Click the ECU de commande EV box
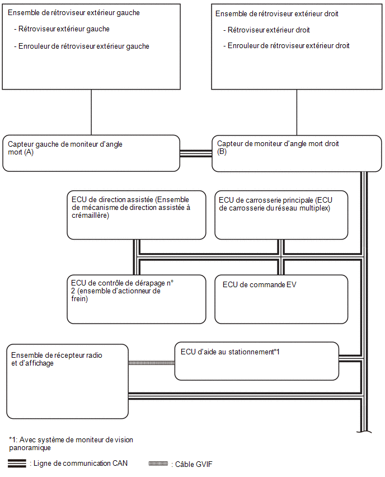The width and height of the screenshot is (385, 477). [x=281, y=300]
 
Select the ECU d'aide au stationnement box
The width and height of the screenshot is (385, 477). [x=257, y=361]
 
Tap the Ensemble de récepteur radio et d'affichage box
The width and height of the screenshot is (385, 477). [x=68, y=381]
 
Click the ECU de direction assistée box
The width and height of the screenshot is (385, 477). [x=137, y=215]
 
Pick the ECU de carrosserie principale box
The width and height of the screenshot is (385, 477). [x=281, y=215]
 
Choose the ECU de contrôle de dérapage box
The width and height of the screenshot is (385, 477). [x=137, y=300]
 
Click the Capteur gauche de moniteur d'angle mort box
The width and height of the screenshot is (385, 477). [x=91, y=153]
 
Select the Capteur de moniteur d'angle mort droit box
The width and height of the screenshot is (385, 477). [x=297, y=153]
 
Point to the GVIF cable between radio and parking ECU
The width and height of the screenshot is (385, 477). [x=152, y=363]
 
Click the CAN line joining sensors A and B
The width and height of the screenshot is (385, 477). [x=196, y=153]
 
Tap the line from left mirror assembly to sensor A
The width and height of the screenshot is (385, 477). [x=91, y=113]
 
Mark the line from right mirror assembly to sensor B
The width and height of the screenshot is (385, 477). [x=297, y=113]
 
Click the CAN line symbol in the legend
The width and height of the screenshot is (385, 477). [x=17, y=464]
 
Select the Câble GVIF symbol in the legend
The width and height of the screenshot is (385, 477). [x=158, y=464]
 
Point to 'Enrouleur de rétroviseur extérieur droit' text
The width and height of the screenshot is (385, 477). [x=286, y=46]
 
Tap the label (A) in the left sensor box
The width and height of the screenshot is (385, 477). [x=29, y=152]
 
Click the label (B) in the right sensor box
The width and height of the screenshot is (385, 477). [x=222, y=152]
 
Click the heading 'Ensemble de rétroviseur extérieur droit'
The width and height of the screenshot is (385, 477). [x=277, y=13]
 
